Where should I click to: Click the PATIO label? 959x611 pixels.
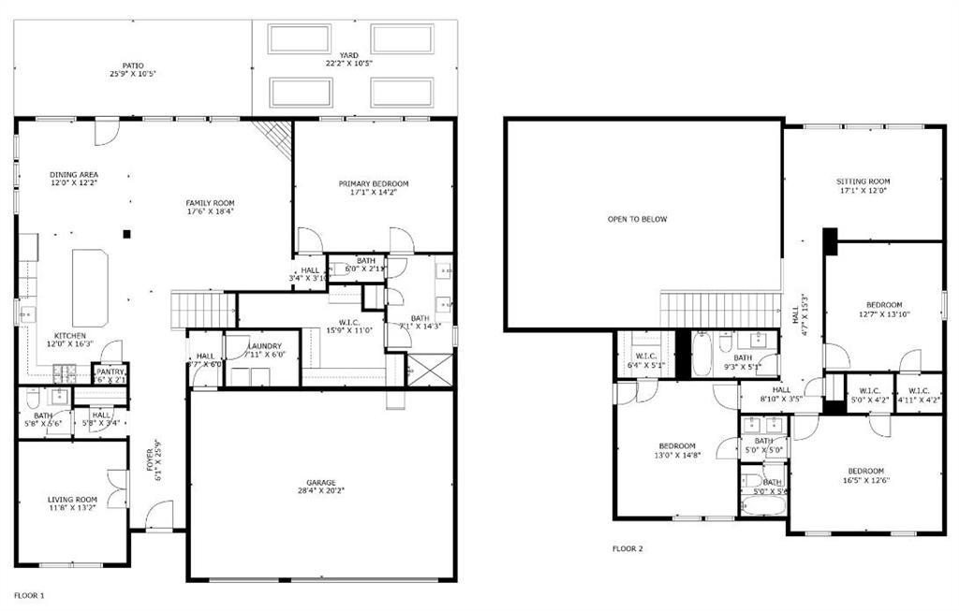point(132,65)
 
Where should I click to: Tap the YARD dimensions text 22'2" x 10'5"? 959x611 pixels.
point(348,64)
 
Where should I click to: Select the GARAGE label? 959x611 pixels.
point(321,483)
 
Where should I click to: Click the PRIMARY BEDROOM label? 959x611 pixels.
point(374,183)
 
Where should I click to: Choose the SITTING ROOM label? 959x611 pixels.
point(863,182)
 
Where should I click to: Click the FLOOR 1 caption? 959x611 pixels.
point(28,595)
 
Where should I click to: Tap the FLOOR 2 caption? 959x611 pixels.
point(627,548)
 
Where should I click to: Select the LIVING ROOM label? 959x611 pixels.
point(72,500)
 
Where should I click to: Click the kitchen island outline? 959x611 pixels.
point(91,287)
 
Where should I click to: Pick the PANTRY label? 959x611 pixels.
point(110,371)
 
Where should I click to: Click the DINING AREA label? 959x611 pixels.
point(74,175)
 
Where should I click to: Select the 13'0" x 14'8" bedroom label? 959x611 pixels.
point(676,445)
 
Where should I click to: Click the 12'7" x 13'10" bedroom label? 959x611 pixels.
point(883,305)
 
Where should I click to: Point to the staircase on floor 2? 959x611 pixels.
point(720,310)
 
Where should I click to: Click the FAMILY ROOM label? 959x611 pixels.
point(210,203)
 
